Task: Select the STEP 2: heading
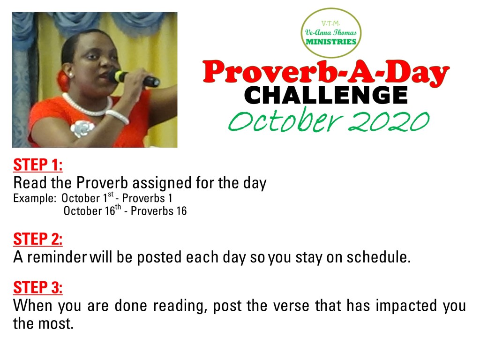[x=38, y=239]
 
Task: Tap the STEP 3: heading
[x=38, y=287]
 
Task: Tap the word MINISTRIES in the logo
[x=331, y=42]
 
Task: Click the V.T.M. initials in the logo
[x=330, y=23]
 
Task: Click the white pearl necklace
[x=88, y=105]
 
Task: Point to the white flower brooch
[x=82, y=128]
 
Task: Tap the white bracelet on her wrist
[x=117, y=117]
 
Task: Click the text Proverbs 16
[x=158, y=211]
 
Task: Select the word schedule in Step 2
[x=379, y=257]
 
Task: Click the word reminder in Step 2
[x=57, y=257]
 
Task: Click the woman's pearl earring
[x=71, y=75]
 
